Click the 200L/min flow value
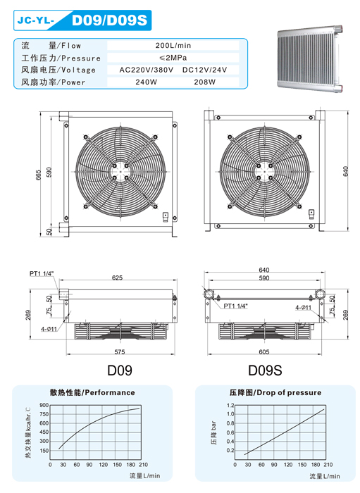tap(173, 45)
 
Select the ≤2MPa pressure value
tap(173, 58)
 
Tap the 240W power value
tap(147, 82)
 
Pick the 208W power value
tap(205, 82)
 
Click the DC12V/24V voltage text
tap(205, 70)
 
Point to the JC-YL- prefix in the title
tap(36, 20)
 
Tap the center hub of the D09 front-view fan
tap(120, 172)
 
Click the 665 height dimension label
tap(39, 175)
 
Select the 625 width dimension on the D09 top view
tap(117, 277)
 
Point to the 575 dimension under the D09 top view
tap(120, 352)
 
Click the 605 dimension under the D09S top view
tap(264, 352)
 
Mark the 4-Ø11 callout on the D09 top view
tap(49, 329)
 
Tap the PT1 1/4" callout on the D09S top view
tap(235, 306)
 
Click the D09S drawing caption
tap(265, 370)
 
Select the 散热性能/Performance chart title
tap(92, 392)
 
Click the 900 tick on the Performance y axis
tap(44, 405)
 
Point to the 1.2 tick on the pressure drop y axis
tap(230, 405)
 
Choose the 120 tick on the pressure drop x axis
tap(287, 465)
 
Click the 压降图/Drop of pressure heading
tap(275, 392)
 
